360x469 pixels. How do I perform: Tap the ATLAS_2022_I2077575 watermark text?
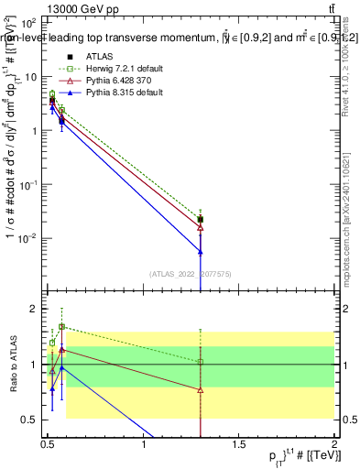pos(191,274)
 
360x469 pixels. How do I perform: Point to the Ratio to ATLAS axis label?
pos(13,365)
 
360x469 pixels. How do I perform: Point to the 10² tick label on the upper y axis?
pos(28,22)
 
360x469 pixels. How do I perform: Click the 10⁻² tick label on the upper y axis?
pos(28,238)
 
